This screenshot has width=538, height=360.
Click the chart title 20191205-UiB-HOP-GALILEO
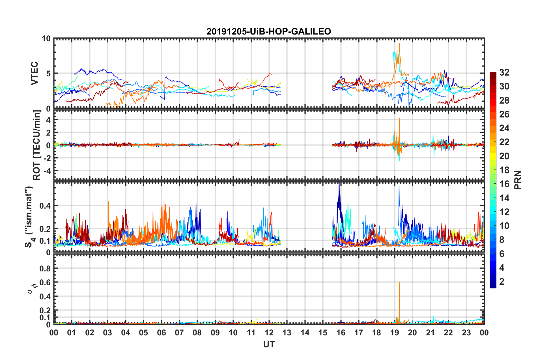tap(269, 31)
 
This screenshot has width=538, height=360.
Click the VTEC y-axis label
tap(35, 73)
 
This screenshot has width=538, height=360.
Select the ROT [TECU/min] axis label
tap(37, 145)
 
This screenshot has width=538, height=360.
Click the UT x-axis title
tap(269, 344)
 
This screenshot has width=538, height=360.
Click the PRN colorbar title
tap(518, 180)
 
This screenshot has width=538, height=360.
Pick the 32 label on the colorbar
tap(504, 73)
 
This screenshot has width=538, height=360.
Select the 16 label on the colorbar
tap(504, 184)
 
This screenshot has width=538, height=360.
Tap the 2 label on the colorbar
tap(502, 282)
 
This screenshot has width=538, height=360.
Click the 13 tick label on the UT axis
tap(287, 333)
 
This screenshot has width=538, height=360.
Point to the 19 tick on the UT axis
tap(395, 333)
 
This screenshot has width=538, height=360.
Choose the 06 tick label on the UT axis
tap(162, 333)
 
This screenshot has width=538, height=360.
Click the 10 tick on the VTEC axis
tap(46, 39)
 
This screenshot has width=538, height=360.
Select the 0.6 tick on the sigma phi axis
tap(45, 282)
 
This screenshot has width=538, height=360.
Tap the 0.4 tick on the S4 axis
tap(45, 206)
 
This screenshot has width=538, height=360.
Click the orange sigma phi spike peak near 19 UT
tap(399, 282)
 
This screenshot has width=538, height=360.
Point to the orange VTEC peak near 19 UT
tap(399, 44)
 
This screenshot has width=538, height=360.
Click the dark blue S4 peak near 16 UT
tap(339, 183)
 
